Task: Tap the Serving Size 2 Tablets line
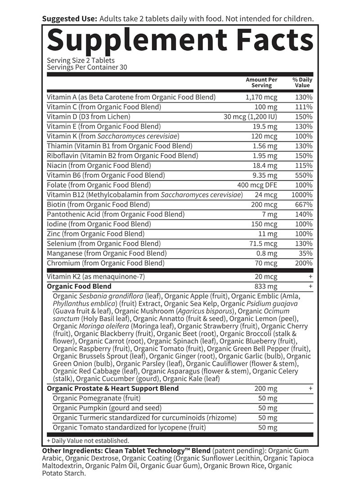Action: click(x=81, y=60)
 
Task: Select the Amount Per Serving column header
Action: click(x=261, y=82)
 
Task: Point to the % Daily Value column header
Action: click(x=302, y=82)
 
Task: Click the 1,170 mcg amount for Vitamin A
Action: click(x=261, y=97)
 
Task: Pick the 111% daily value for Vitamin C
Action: click(x=304, y=107)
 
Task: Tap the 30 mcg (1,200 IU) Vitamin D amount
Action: click(x=251, y=117)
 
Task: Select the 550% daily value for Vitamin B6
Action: click(x=304, y=175)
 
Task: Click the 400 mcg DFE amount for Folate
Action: click(x=257, y=185)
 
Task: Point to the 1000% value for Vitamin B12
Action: click(x=302, y=195)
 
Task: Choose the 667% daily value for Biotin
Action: click(x=304, y=205)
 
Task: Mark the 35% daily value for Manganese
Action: click(x=306, y=253)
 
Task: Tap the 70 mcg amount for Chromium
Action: click(x=265, y=263)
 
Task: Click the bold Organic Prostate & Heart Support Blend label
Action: click(x=112, y=388)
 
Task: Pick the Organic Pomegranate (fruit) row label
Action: click(x=97, y=398)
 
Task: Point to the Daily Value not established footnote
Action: click(x=88, y=441)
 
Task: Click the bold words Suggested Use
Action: click(x=69, y=19)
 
